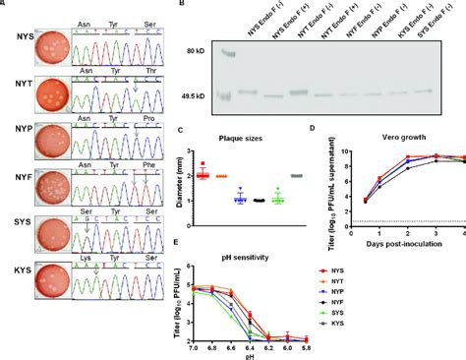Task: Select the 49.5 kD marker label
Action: tap(199, 97)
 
